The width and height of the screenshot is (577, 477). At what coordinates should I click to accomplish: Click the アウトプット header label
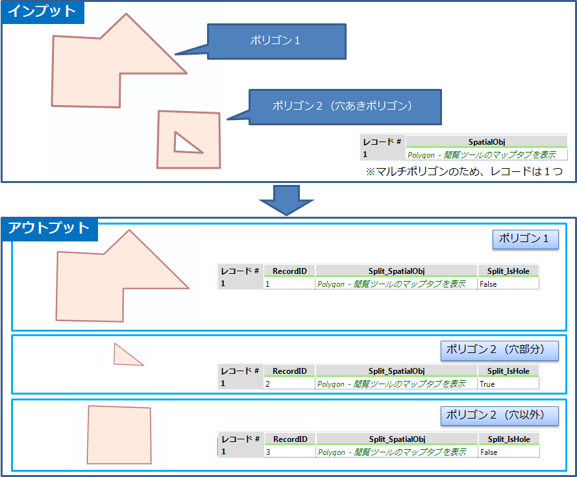click(49, 228)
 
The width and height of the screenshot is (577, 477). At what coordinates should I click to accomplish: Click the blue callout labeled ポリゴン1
click(276, 41)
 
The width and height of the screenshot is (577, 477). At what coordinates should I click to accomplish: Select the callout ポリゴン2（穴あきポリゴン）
click(343, 106)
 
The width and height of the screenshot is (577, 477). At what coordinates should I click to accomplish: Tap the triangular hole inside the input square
click(185, 144)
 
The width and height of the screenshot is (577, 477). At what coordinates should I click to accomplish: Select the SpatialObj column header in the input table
click(486, 141)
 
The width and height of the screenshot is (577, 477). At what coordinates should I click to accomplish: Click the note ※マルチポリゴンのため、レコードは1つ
click(463, 171)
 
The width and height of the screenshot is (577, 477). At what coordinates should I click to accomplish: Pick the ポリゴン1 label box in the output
click(524, 239)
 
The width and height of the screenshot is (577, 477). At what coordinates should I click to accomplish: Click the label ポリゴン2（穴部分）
click(499, 350)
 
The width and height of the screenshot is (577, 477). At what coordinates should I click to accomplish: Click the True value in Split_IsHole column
click(487, 384)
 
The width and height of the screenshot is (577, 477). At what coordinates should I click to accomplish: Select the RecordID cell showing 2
click(289, 384)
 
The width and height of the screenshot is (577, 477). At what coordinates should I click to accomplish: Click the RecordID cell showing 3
click(289, 452)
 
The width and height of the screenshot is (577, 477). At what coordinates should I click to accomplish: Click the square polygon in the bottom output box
click(119, 435)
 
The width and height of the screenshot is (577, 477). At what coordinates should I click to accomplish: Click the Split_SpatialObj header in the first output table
click(396, 271)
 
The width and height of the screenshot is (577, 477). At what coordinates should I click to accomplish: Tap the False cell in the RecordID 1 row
click(488, 284)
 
